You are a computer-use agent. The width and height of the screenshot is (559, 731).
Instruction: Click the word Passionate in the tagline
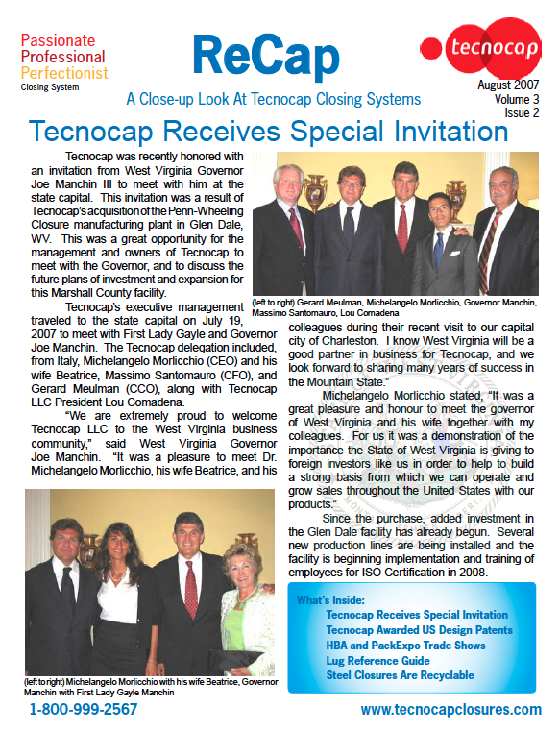coord(58,40)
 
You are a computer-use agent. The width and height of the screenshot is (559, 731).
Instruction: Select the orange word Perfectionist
coord(64,72)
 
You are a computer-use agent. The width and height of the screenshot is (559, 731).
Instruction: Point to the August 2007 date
coord(508,85)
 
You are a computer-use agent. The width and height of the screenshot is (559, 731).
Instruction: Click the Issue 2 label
coord(522,112)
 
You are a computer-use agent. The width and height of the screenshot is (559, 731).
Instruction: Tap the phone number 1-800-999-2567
coord(84,709)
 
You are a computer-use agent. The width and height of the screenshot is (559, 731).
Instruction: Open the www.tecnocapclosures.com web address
coord(450,709)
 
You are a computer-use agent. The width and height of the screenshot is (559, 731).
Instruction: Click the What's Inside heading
coord(329,600)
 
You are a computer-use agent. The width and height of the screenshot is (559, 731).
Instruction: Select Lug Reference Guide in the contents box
coord(378,661)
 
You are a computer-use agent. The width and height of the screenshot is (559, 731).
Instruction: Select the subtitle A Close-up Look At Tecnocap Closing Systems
coord(273,99)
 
